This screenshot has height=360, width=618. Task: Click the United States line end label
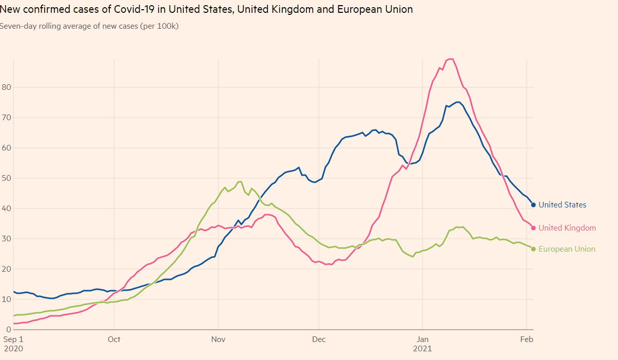(562, 205)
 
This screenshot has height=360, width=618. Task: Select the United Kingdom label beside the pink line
(567, 228)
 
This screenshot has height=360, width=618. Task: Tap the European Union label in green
(567, 249)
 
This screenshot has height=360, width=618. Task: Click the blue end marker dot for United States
(533, 205)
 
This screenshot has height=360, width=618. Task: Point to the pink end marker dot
(533, 228)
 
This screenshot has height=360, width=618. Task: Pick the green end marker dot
(533, 249)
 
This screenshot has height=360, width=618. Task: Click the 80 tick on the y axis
(6, 87)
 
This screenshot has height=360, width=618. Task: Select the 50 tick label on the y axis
(6, 178)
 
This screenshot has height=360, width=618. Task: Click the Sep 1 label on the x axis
(13, 339)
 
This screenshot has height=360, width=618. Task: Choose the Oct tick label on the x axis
(114, 339)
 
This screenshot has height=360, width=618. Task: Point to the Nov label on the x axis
(219, 339)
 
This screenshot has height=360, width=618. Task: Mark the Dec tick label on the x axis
(319, 339)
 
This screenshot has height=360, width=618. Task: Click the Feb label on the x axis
(527, 339)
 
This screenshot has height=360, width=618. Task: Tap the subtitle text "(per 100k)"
(159, 26)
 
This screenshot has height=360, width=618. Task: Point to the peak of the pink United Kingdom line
(451, 59)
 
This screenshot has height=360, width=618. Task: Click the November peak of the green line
(240, 182)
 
